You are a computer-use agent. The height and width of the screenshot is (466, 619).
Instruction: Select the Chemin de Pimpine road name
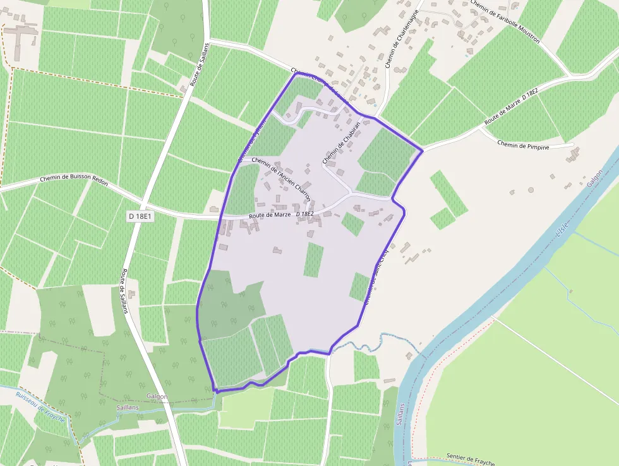pyautogui.click(x=523, y=146)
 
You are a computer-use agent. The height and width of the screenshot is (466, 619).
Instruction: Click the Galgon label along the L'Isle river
pyautogui.click(x=595, y=181)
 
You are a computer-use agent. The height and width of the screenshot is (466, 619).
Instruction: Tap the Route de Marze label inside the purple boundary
pyautogui.click(x=270, y=215)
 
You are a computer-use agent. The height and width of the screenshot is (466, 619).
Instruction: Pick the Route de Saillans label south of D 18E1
pyautogui.click(x=124, y=291)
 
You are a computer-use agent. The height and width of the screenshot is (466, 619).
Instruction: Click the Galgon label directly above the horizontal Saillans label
pyautogui.click(x=157, y=396)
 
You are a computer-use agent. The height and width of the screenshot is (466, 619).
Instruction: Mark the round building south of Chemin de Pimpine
pyautogui.click(x=531, y=190)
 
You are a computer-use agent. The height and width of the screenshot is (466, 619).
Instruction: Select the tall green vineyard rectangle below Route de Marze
pyautogui.click(x=313, y=260)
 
